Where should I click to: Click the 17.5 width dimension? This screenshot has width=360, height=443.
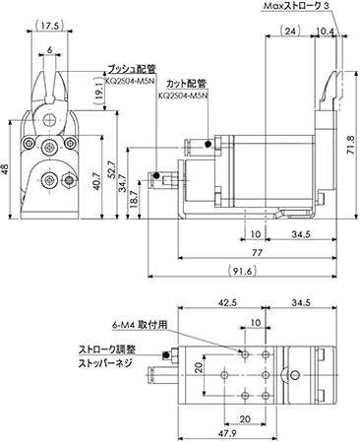click(x=49, y=26)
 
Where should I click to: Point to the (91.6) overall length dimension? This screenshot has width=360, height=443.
click(x=242, y=271)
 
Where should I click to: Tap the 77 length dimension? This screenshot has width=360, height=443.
click(x=258, y=253)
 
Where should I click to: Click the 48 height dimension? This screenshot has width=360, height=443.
click(x=5, y=169)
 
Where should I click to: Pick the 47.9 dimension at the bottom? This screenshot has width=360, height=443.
click(x=227, y=433)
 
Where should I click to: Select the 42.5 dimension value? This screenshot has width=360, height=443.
click(x=227, y=302)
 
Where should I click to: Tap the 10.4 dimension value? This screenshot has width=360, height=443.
click(x=325, y=32)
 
